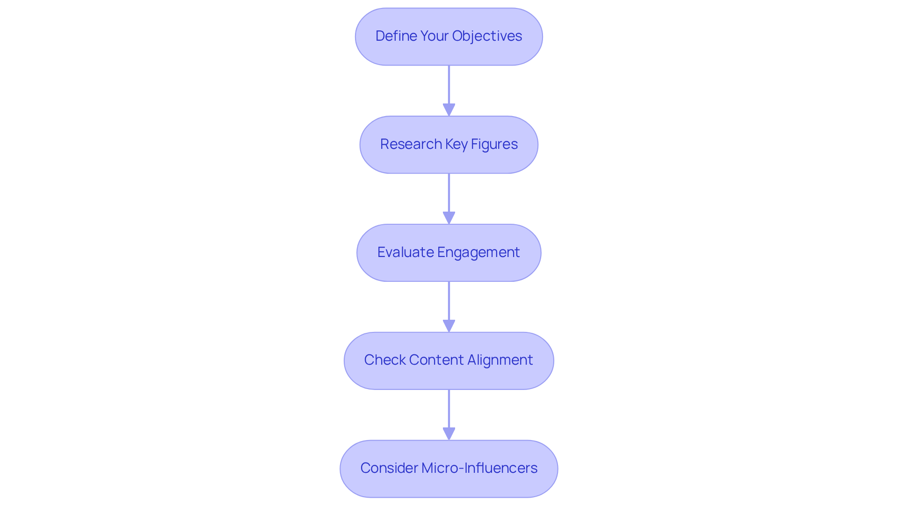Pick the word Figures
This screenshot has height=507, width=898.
494,144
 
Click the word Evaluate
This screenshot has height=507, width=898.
406,252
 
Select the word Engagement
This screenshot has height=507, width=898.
478,252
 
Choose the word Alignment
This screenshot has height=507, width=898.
500,360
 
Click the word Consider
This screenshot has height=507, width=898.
389,468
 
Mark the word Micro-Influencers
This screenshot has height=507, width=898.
479,468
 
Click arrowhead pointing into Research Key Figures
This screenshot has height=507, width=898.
449,110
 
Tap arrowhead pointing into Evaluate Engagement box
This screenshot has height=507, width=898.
449,218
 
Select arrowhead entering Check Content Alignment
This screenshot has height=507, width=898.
449,326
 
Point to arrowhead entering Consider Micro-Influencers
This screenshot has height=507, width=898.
449,434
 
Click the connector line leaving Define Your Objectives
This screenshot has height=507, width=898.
449,84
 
